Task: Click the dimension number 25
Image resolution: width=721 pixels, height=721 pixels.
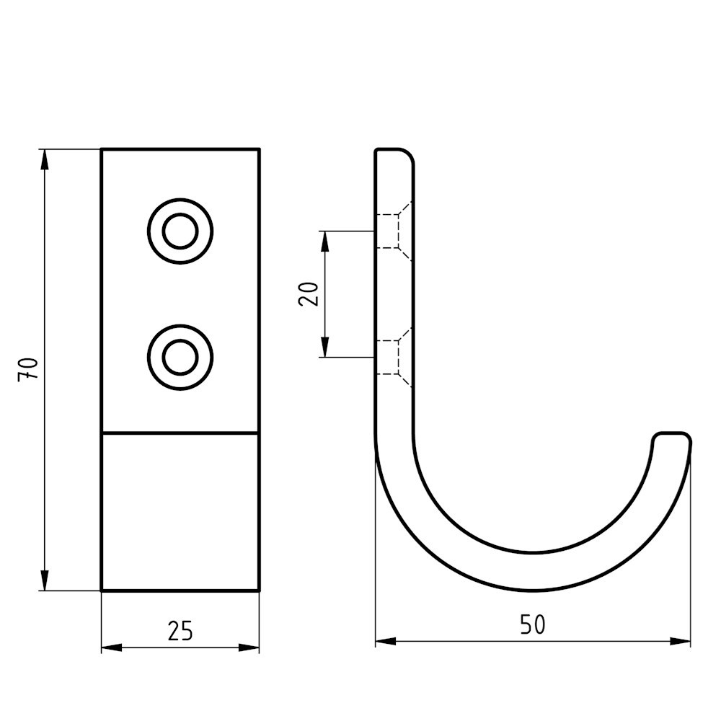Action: pos(180,630)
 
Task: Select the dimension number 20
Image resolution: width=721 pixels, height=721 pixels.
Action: pos(309,293)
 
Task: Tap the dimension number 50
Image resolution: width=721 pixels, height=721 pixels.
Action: pos(533,624)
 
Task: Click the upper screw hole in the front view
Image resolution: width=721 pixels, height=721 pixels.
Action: pos(180,231)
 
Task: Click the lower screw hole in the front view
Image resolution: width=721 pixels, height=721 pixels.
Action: pos(180,357)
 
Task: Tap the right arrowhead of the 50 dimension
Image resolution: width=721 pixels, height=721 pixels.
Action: pos(681,641)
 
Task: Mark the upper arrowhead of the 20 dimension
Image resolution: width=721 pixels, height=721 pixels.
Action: pos(325,241)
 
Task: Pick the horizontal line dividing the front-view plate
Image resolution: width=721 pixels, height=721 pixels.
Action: pos(180,433)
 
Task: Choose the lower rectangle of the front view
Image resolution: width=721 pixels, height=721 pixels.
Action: pos(180,512)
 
